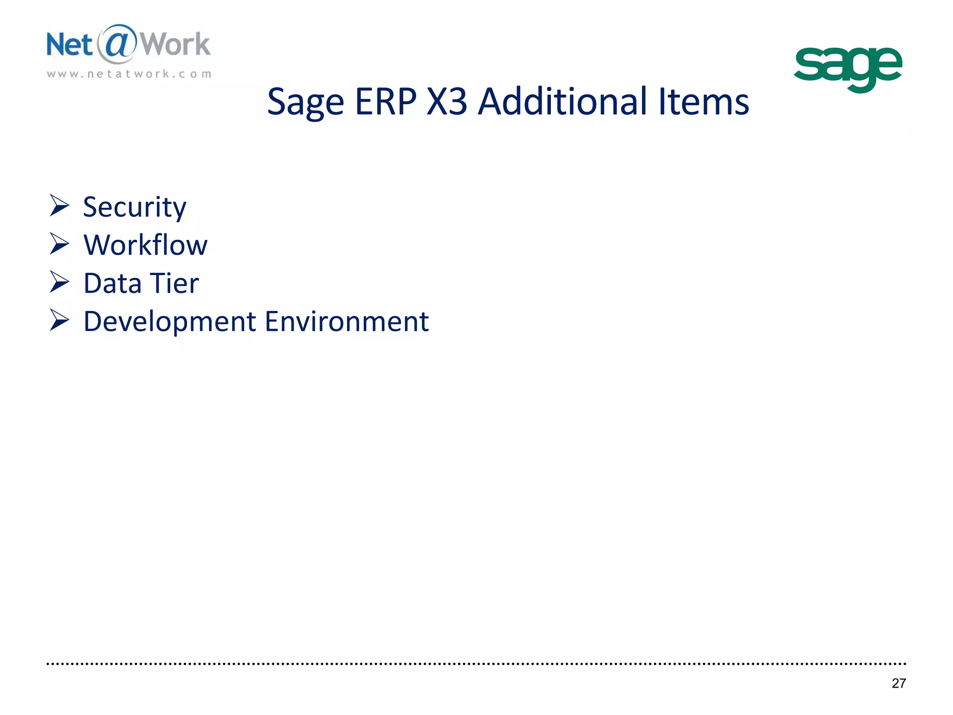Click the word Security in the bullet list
(x=134, y=207)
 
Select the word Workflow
(x=145, y=245)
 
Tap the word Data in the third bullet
(x=112, y=283)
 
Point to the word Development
(x=170, y=322)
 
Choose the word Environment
(x=347, y=322)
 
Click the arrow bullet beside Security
(x=59, y=206)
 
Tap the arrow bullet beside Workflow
(x=59, y=244)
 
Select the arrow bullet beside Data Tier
(x=59, y=282)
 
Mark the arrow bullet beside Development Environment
(x=59, y=320)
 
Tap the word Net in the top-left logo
(x=69, y=45)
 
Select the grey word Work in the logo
(x=175, y=45)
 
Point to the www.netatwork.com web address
(x=129, y=74)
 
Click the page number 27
(x=899, y=683)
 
